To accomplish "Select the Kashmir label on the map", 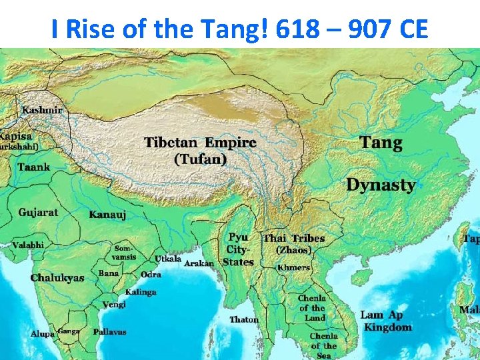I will (x=42, y=110).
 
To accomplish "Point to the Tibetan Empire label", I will (x=200, y=143).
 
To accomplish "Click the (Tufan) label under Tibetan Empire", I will (x=200, y=159).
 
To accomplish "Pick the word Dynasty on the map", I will (x=381, y=185).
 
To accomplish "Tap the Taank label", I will (x=33, y=167).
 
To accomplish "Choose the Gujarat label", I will (x=38, y=213).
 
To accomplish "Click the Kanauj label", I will (x=107, y=215).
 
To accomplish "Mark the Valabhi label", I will (x=27, y=245).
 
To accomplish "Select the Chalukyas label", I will (x=57, y=277).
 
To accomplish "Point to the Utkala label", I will (x=168, y=259).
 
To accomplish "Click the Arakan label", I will (x=199, y=263).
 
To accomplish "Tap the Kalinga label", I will (x=141, y=292).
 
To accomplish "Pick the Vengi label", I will (x=114, y=305).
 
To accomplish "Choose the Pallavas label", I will (x=109, y=331).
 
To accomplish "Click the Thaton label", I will (x=244, y=319).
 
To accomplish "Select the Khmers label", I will (x=293, y=267).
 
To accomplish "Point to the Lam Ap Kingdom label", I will (x=387, y=321).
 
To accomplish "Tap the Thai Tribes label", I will (x=293, y=238).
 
